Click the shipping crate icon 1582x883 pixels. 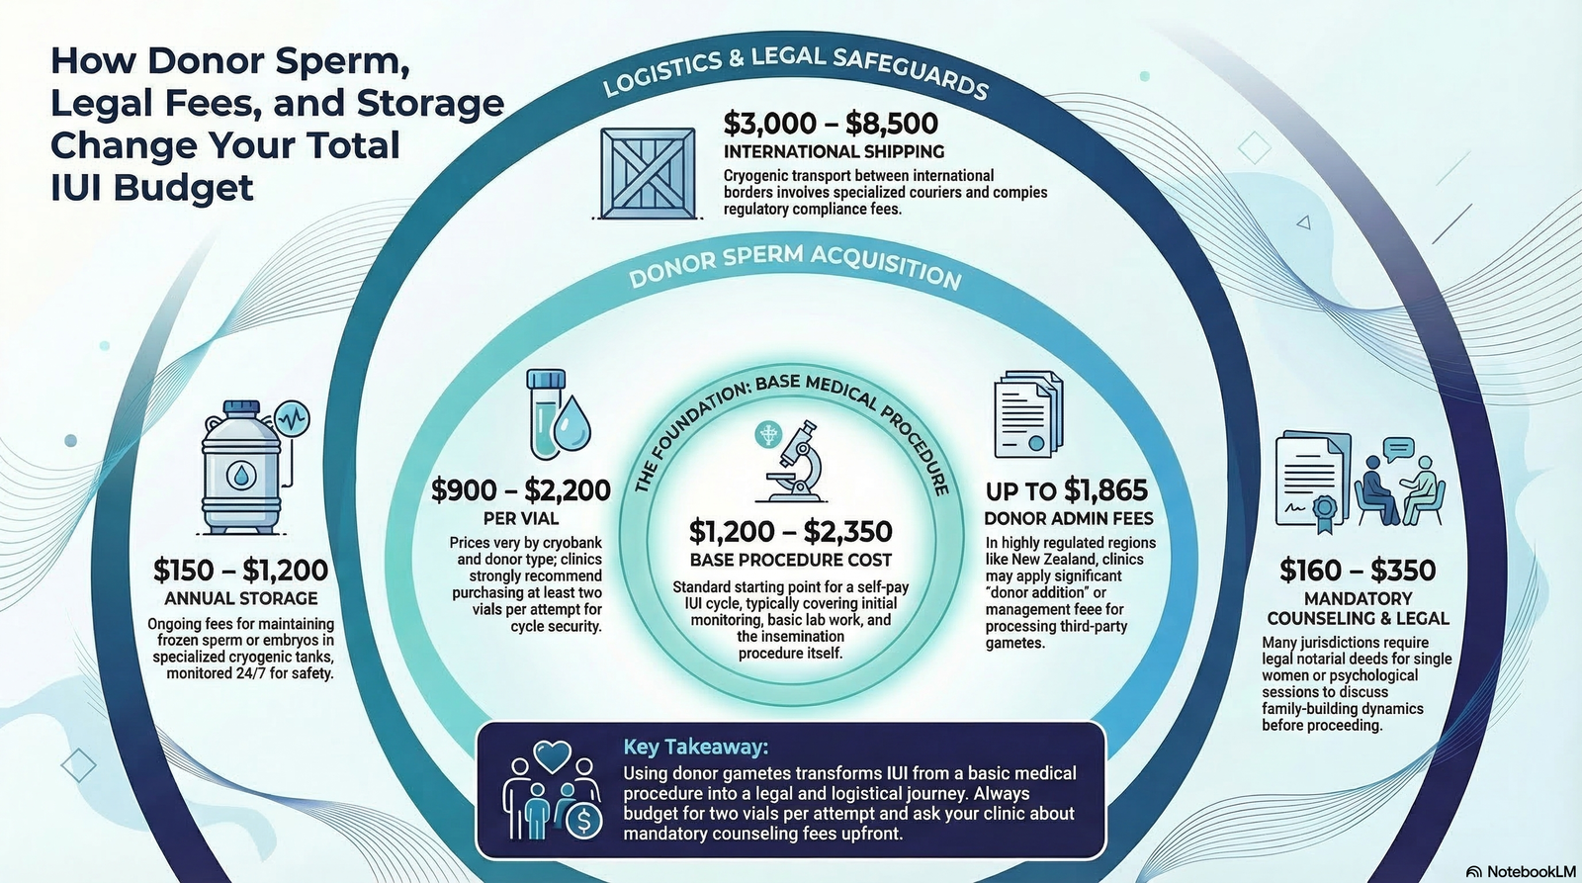[648, 173]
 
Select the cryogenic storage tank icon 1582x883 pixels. [243, 467]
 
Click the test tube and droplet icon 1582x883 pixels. [558, 414]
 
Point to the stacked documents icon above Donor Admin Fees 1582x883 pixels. [1028, 414]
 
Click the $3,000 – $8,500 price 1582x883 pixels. [831, 124]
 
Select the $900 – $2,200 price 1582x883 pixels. [521, 490]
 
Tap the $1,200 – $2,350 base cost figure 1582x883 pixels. [790, 531]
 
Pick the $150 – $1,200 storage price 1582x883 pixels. [241, 571]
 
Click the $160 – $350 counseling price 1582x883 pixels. [1358, 571]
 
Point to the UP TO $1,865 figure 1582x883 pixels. [1067, 490]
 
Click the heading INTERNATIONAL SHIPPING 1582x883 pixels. [834, 152]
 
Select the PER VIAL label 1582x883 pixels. [521, 518]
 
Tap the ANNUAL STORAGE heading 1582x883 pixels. [241, 598]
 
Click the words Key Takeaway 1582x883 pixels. [696, 747]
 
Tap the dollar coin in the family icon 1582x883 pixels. [584, 821]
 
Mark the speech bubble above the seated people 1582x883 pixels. [1398, 449]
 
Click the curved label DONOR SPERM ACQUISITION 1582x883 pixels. [795, 265]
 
